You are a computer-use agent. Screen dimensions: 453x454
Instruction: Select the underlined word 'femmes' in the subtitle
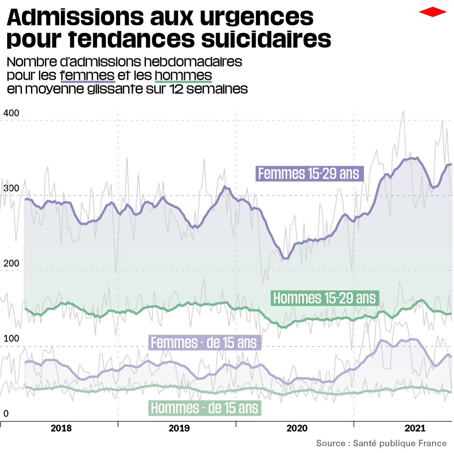[x=87, y=75]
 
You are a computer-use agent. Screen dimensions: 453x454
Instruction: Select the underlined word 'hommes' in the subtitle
[x=183, y=75]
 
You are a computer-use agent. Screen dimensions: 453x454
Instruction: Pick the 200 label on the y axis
[x=11, y=263]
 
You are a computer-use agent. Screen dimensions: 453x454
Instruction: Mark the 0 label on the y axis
[x=6, y=414]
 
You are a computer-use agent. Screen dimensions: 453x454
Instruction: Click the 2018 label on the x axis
[x=61, y=428]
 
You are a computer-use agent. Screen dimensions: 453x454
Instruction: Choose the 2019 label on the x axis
[x=179, y=428]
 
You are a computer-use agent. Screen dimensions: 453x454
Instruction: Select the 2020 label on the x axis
[x=297, y=428]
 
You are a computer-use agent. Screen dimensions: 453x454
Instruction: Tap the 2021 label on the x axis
[x=415, y=428]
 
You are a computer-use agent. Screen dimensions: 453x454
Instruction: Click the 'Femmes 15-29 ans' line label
[x=309, y=174]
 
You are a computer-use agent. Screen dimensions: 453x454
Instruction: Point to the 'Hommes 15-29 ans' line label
[x=325, y=298]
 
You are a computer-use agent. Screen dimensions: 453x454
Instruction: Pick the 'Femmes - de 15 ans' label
[x=204, y=343]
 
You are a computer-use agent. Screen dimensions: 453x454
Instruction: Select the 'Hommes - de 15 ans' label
[x=205, y=408]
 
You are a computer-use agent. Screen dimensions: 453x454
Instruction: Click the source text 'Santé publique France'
[x=400, y=443]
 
